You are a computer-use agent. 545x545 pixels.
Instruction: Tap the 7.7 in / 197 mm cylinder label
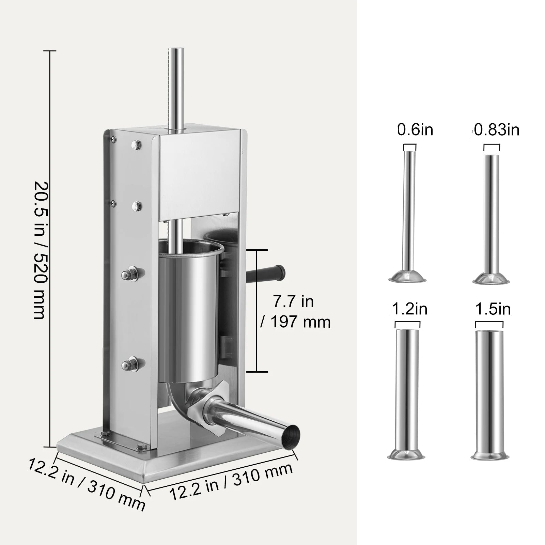295,312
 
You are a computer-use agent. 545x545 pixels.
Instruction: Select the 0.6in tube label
415,130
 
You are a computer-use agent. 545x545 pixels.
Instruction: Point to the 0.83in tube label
496,130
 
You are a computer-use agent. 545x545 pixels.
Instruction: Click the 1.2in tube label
409,309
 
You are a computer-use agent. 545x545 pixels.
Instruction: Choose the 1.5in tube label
493,309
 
